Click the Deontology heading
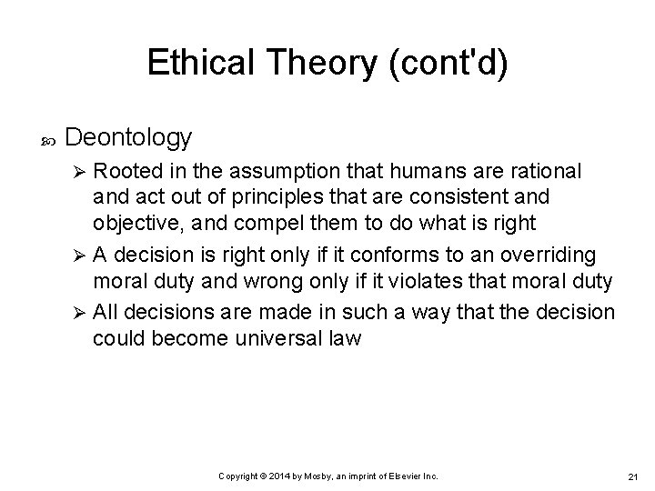click(129, 137)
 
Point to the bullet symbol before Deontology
click(48, 139)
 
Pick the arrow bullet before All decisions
click(78, 313)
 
